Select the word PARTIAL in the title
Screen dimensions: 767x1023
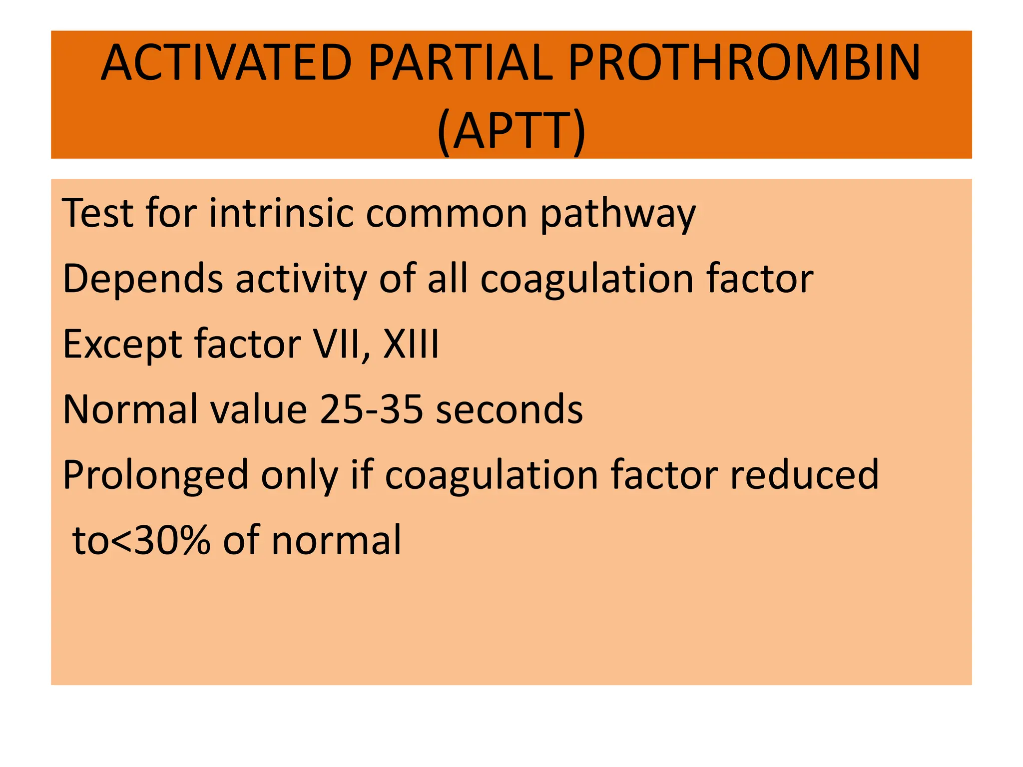click(x=461, y=63)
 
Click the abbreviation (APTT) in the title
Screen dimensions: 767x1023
click(x=511, y=131)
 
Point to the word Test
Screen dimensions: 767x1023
click(x=98, y=214)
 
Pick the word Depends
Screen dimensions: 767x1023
click(x=143, y=280)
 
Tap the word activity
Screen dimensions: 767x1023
click(x=301, y=280)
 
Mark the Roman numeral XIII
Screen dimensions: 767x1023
click(x=411, y=345)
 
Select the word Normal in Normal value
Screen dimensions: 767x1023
click(x=130, y=409)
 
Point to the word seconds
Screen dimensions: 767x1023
click(x=510, y=409)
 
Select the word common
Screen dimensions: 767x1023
click(x=447, y=214)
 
